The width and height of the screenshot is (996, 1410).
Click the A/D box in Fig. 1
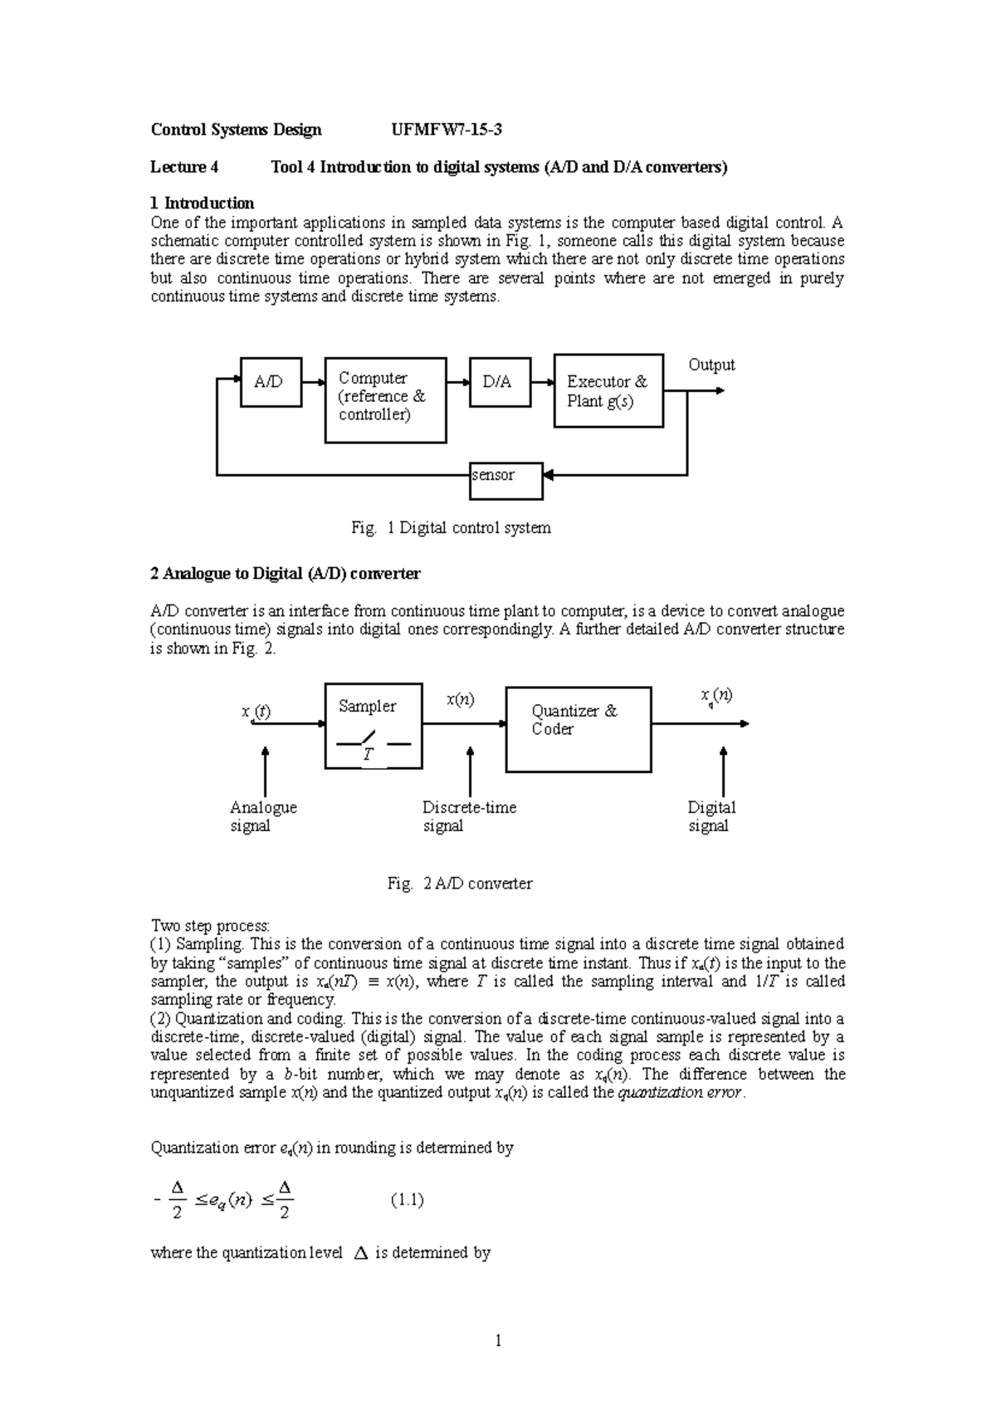click(271, 382)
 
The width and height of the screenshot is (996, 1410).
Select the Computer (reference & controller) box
click(385, 399)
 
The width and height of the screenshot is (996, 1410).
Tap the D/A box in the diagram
click(500, 382)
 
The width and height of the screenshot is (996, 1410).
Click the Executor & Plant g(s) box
click(608, 390)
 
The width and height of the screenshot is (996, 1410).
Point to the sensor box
click(505, 480)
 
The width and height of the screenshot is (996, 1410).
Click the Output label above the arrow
click(711, 365)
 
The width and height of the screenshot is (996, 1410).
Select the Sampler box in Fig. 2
click(373, 726)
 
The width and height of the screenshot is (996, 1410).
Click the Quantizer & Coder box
click(578, 728)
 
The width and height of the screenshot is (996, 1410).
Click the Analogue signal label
click(262, 816)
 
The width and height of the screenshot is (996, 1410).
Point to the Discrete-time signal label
click(469, 816)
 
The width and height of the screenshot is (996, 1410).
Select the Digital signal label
click(711, 816)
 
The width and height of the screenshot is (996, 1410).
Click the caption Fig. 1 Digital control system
click(451, 528)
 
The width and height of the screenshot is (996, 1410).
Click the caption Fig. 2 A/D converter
click(459, 884)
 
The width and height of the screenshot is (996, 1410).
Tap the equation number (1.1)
click(407, 1199)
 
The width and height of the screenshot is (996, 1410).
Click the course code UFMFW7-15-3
click(447, 130)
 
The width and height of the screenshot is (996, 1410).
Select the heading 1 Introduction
click(202, 203)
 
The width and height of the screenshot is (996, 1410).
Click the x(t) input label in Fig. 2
click(256, 712)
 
